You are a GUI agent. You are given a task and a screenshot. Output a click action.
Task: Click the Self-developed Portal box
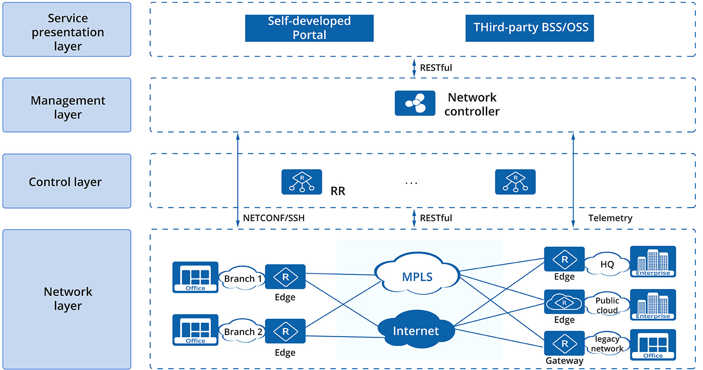pyautogui.click(x=309, y=28)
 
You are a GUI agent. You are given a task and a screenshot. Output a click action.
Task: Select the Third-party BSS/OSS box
pyautogui.click(x=530, y=28)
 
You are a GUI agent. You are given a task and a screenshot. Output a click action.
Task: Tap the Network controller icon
pyautogui.click(x=415, y=103)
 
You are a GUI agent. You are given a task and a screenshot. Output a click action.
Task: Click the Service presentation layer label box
pyautogui.click(x=67, y=30)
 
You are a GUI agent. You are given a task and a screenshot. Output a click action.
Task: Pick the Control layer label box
pyautogui.click(x=67, y=181)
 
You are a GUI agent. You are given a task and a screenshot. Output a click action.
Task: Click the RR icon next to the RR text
pyautogui.click(x=301, y=182)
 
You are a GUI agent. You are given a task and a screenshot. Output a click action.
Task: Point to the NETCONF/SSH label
pyautogui.click(x=274, y=218)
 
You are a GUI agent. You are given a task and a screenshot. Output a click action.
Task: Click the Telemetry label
pyautogui.click(x=610, y=218)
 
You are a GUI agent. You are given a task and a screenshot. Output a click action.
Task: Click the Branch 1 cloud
pyautogui.click(x=242, y=279)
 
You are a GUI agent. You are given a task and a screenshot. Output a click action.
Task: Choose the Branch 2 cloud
pyautogui.click(x=242, y=332)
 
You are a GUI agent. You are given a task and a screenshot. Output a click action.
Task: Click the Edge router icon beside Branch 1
pyautogui.click(x=285, y=277)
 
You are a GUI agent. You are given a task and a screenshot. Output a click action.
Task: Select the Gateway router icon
pyautogui.click(x=564, y=343)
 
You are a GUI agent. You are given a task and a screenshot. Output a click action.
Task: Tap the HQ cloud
pyautogui.click(x=607, y=264)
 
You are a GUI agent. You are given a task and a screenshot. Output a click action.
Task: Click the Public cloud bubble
pyautogui.click(x=607, y=305)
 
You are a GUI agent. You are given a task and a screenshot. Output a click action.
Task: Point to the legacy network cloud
pyautogui.click(x=607, y=344)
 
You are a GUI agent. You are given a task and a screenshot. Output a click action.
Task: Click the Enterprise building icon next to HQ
pyautogui.click(x=653, y=261)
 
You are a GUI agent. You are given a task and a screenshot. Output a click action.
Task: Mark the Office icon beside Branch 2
pyautogui.click(x=195, y=330)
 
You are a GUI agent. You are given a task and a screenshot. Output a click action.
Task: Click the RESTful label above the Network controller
pyautogui.click(x=435, y=68)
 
